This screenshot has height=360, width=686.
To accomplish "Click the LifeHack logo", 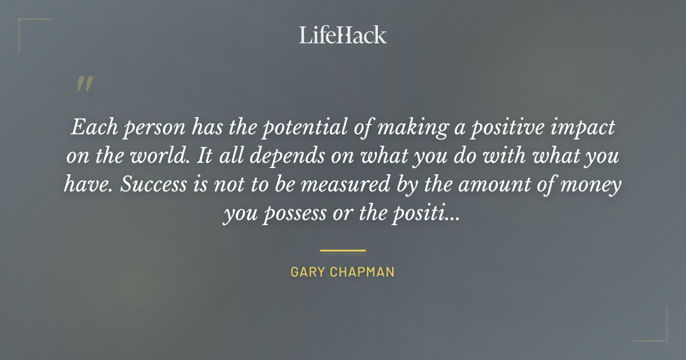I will point(342,35).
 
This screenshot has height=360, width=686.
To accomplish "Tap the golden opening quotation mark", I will point(84,84).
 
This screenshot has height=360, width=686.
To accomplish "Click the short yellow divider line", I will point(342,250).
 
